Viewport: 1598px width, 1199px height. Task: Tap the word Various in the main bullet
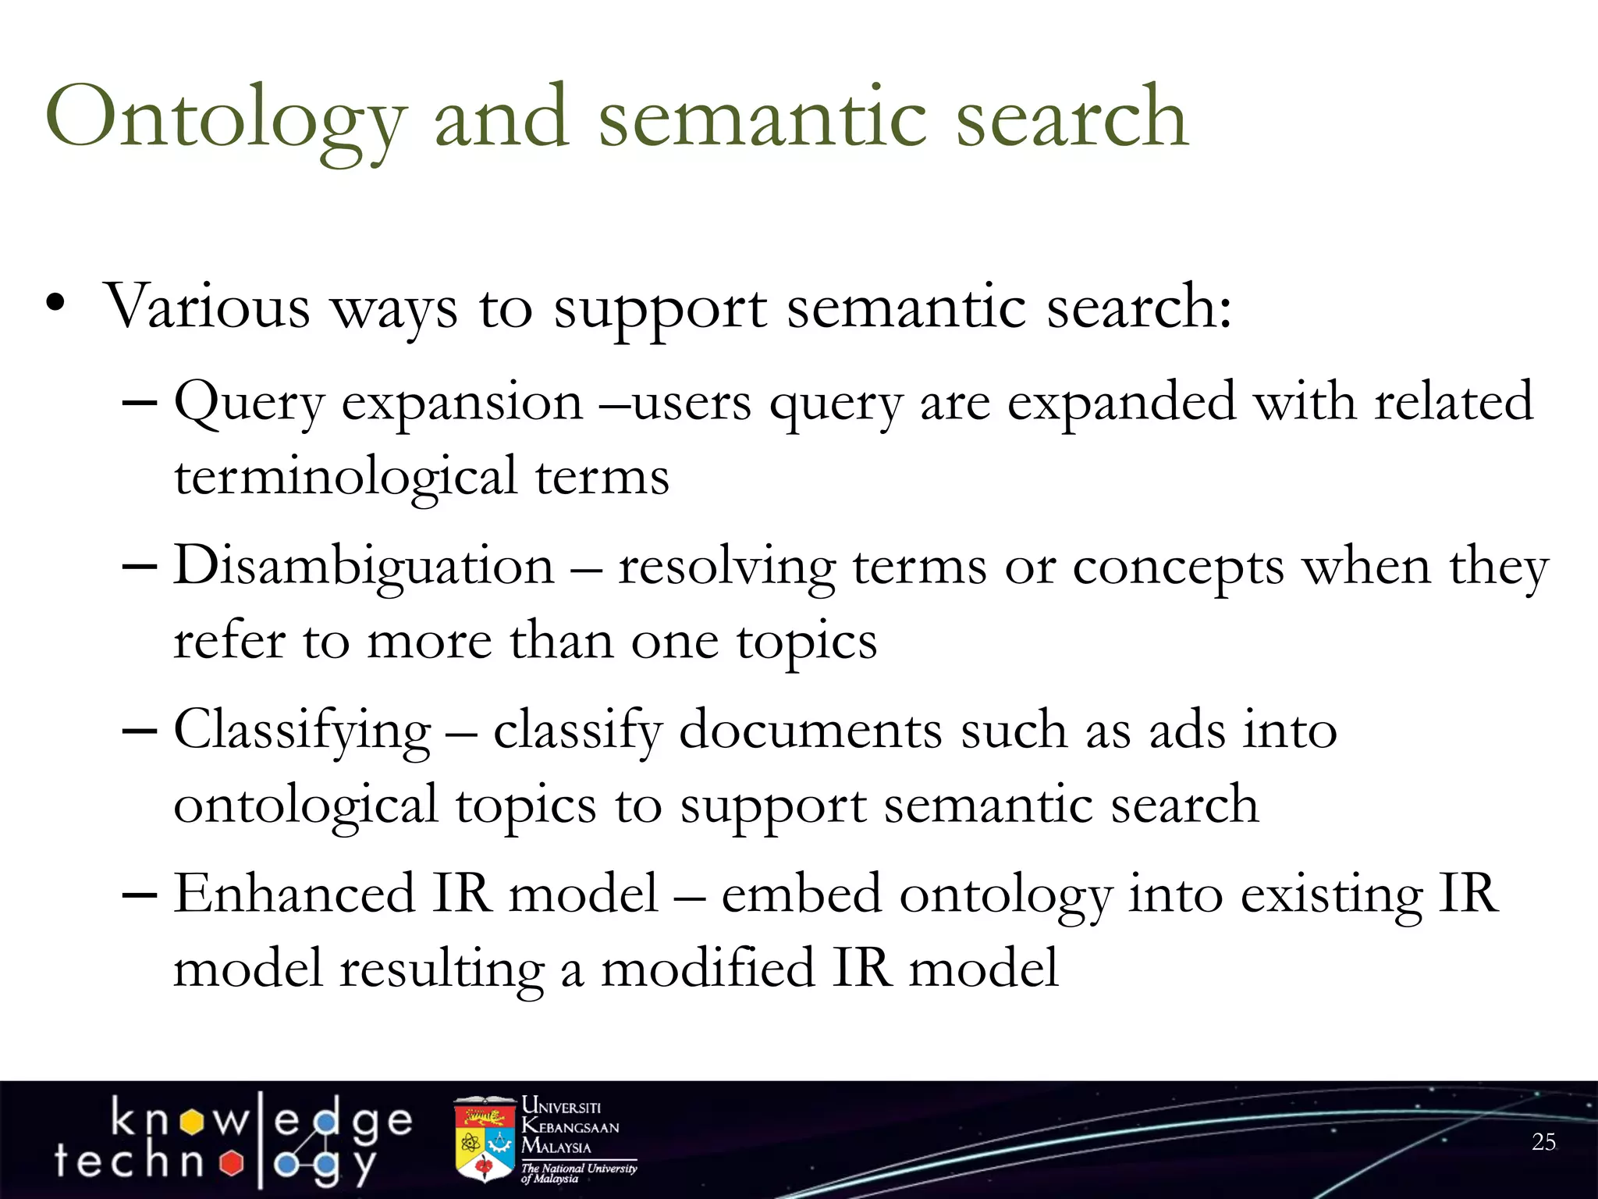(207, 306)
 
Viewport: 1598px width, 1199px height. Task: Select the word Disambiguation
(364, 565)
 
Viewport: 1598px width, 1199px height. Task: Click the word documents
(811, 731)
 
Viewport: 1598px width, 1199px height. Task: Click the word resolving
(726, 567)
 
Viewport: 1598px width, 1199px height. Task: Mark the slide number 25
(1543, 1142)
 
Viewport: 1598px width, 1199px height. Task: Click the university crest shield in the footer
(485, 1140)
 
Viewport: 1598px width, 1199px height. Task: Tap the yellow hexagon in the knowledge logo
(191, 1123)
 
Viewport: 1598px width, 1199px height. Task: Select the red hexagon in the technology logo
(231, 1163)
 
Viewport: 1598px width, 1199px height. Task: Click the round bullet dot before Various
(55, 304)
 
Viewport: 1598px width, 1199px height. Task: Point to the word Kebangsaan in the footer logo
(570, 1126)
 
